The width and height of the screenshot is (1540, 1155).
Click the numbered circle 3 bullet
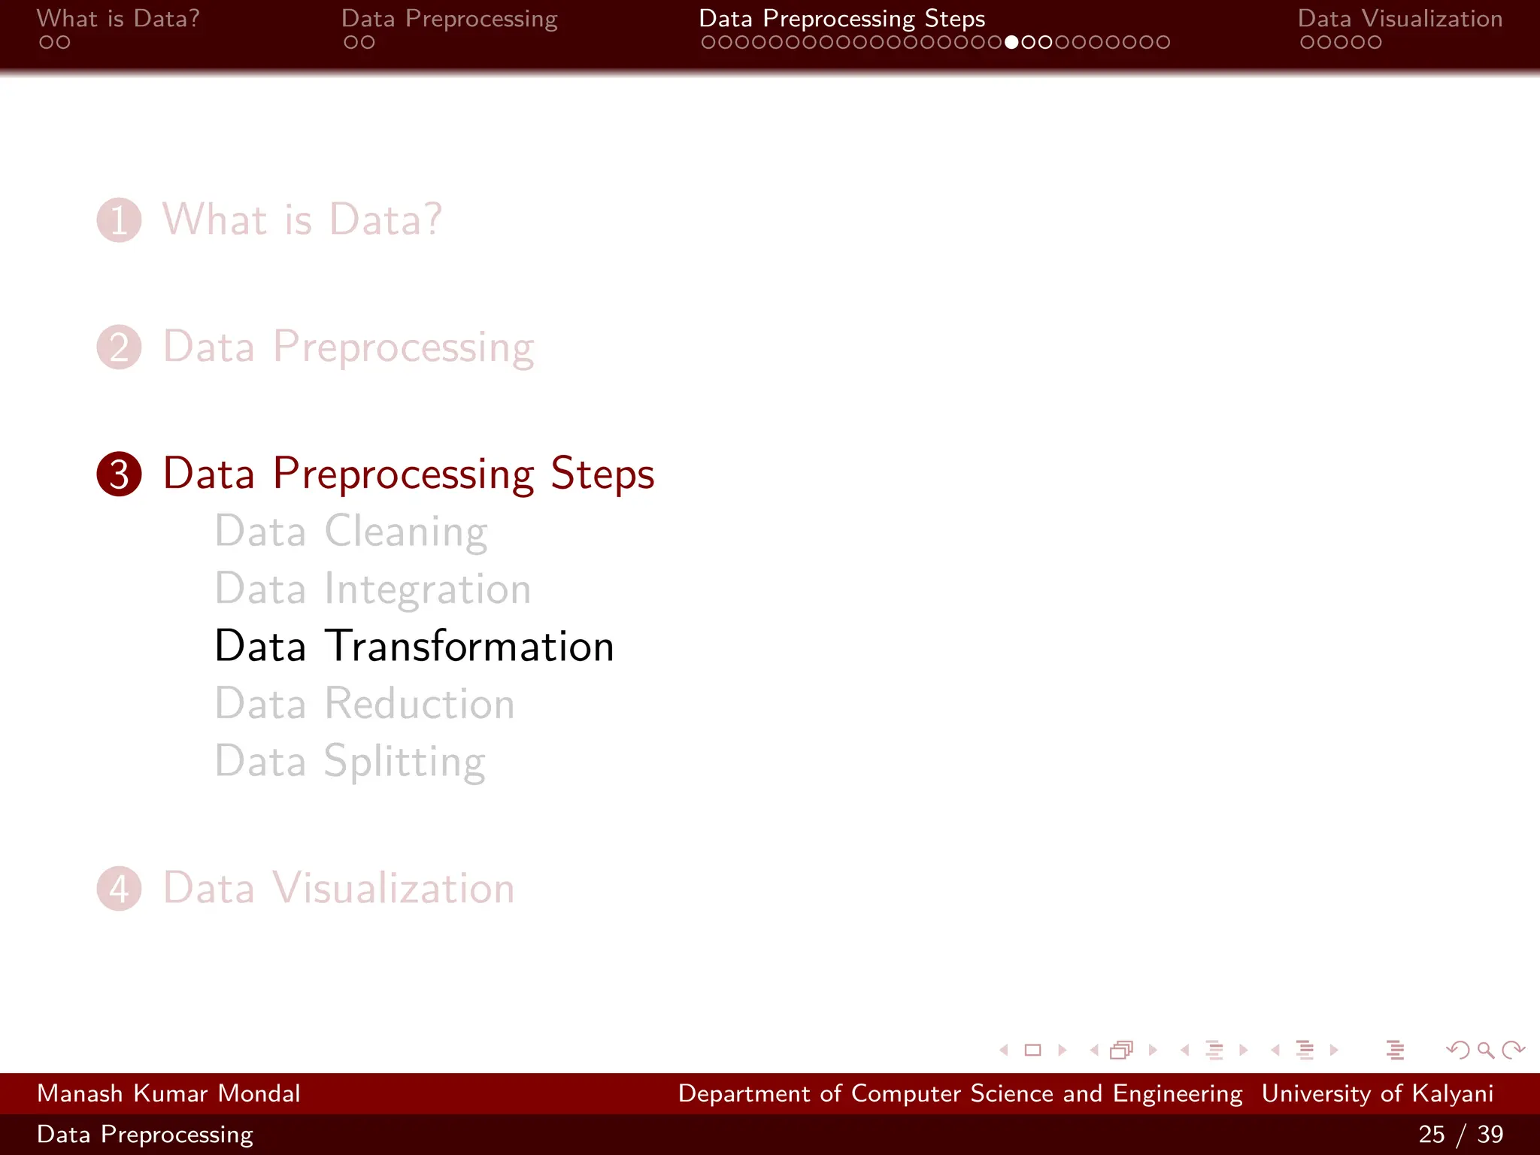(x=119, y=474)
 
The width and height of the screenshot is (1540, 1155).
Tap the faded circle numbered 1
(x=119, y=220)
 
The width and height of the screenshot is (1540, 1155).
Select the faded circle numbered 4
(x=119, y=889)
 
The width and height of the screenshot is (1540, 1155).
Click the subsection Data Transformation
(x=414, y=646)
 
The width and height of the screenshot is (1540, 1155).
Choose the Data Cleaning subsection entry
(x=351, y=532)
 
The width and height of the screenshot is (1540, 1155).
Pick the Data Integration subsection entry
(x=373, y=589)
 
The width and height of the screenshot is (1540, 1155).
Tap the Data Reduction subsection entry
(x=365, y=704)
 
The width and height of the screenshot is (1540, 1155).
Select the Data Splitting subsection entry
(x=350, y=761)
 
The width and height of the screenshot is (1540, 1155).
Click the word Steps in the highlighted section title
(x=602, y=474)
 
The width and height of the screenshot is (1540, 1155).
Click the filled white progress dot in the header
(x=1011, y=43)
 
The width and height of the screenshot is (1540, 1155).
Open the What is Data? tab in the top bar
(x=118, y=18)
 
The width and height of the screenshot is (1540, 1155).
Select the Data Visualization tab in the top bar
(x=1399, y=18)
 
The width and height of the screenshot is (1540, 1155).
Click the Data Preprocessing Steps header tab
(x=841, y=18)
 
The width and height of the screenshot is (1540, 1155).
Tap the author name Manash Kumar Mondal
(x=168, y=1093)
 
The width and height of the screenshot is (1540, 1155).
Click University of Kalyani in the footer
(x=1377, y=1093)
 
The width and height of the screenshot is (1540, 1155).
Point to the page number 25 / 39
(x=1460, y=1134)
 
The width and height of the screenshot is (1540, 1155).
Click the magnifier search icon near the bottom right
(x=1485, y=1050)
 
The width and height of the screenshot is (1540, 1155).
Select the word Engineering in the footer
(x=1177, y=1093)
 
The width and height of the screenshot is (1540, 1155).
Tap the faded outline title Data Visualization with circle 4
(x=338, y=888)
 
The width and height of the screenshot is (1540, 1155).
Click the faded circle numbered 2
(x=119, y=347)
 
